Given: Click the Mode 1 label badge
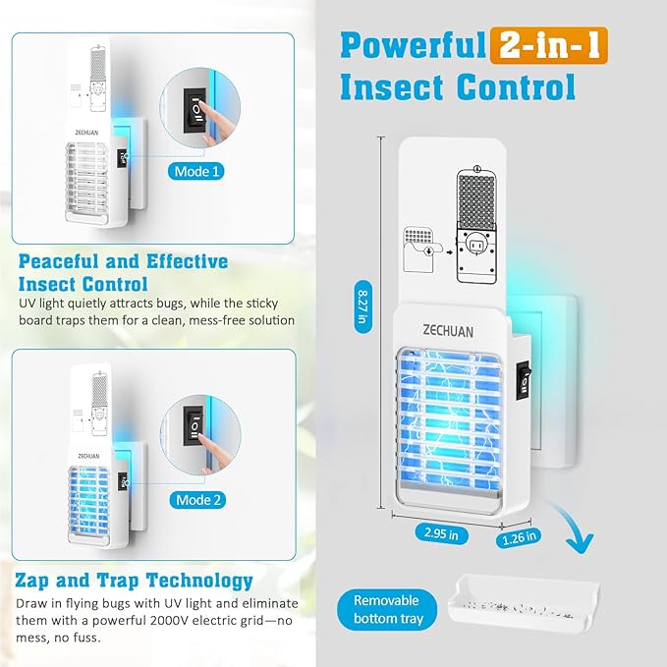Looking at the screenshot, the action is (x=196, y=172).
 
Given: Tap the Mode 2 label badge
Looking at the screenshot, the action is (x=197, y=500).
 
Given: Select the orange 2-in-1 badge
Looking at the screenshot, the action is (x=549, y=45).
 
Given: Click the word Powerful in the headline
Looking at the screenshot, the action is (x=413, y=45).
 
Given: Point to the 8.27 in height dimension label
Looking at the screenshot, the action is (x=362, y=306).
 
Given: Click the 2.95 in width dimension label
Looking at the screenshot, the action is (x=441, y=533).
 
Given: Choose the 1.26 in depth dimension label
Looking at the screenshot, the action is (x=519, y=538).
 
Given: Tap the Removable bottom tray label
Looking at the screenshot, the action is (x=387, y=610).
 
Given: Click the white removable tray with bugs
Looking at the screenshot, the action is (x=524, y=603).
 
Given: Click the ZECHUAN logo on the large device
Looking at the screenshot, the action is (x=448, y=331).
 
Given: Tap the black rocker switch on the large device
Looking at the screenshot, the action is (x=524, y=381).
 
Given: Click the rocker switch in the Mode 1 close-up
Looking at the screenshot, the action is (x=195, y=110).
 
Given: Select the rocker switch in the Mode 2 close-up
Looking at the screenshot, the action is (x=194, y=426).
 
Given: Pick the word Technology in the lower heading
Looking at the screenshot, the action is (x=199, y=582).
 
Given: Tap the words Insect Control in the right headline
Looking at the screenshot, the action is (x=458, y=86).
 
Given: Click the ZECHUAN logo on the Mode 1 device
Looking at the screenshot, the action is (x=86, y=133).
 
